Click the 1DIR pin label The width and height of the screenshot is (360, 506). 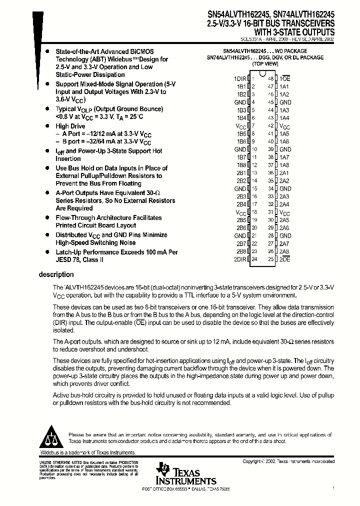tap(240, 78)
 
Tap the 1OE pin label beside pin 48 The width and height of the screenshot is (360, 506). tap(285, 78)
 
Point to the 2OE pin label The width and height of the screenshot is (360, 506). tap(285, 259)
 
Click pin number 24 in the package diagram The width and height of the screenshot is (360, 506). tap(254, 259)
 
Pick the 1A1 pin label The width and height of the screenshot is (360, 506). tap(284, 86)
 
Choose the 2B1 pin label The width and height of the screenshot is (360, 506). tap(241, 172)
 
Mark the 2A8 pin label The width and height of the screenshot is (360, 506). tap(284, 251)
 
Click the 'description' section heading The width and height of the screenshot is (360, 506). tap(56, 274)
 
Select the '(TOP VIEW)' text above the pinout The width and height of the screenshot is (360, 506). tap(265, 64)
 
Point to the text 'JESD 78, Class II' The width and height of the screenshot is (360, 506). tap(79, 260)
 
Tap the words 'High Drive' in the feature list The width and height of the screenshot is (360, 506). tap(70, 126)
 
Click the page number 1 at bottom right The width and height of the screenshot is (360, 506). tap(333, 487)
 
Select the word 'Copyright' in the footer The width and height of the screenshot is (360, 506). tap(253, 461)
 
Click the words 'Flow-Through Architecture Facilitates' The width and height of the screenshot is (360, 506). tap(108, 217)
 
